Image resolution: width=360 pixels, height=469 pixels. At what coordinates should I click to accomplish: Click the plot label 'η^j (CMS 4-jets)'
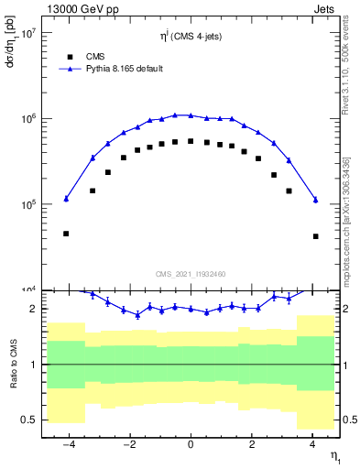[191, 37]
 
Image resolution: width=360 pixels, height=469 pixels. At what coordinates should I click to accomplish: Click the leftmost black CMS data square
[66, 234]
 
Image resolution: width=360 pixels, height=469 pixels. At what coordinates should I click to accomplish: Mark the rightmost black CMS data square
[315, 236]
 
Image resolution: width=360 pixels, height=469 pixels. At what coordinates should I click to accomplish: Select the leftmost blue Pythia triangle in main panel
[66, 199]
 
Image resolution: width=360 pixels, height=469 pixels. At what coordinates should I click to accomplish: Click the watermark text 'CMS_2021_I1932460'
[191, 273]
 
